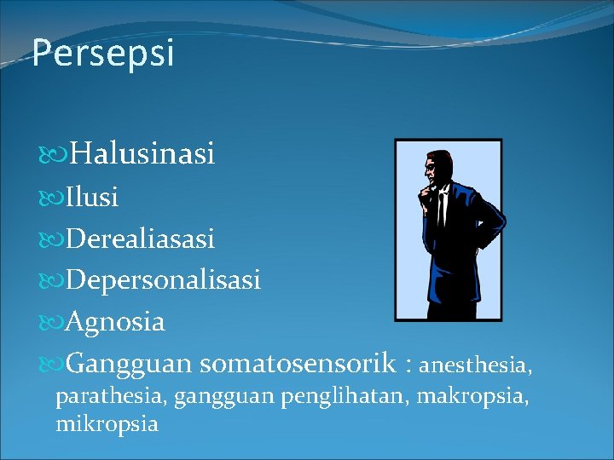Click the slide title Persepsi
(103, 53)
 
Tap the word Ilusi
(91, 198)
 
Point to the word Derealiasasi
(140, 239)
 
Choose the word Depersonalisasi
(163, 280)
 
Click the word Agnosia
(115, 322)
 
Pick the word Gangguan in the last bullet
(129, 364)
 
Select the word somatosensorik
(298, 364)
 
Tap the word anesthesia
(476, 366)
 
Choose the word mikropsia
(107, 423)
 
